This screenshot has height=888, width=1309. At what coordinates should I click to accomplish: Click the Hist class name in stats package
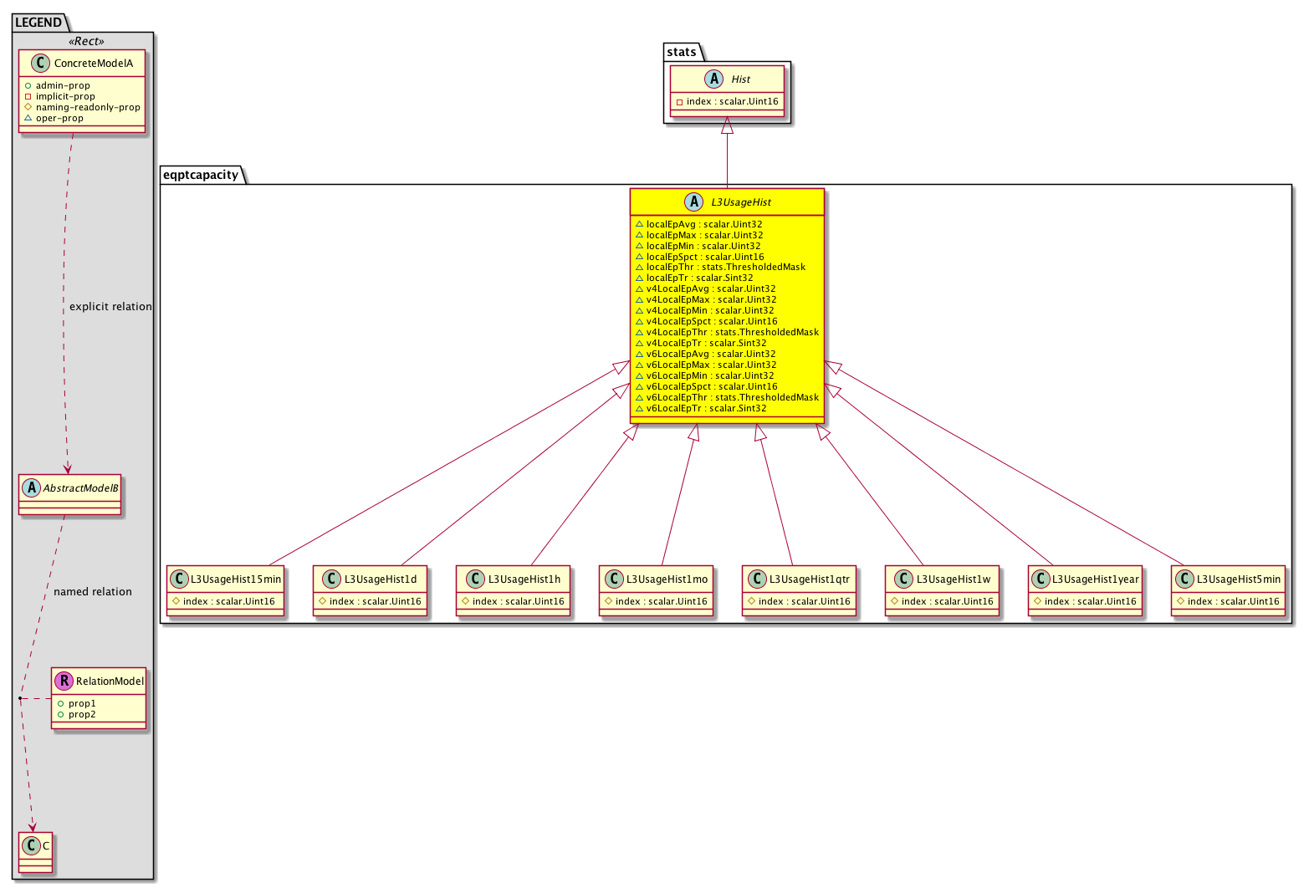[x=740, y=79]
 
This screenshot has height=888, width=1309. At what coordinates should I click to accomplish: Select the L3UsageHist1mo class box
[x=656, y=590]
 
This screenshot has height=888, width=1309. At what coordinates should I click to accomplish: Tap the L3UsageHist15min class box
[x=225, y=590]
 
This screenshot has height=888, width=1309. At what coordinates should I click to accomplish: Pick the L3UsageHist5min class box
[x=1228, y=590]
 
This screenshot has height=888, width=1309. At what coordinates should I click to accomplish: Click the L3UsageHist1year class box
[x=1085, y=590]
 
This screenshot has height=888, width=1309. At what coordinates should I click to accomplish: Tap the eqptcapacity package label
[x=201, y=175]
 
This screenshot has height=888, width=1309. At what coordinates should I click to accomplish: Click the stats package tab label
[x=682, y=52]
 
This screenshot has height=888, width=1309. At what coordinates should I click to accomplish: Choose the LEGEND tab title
[x=38, y=23]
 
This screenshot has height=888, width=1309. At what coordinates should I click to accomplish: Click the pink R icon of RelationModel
[x=64, y=681]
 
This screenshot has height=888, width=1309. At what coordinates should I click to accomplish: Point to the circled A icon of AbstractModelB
[x=32, y=487]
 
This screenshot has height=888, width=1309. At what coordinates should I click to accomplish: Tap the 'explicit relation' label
[x=110, y=307]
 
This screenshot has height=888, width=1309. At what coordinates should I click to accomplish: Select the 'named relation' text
[x=93, y=592]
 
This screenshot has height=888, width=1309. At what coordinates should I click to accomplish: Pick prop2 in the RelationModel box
[x=77, y=714]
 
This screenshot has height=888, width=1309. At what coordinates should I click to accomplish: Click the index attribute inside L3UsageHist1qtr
[x=799, y=601]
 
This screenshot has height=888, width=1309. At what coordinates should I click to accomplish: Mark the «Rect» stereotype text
[x=86, y=41]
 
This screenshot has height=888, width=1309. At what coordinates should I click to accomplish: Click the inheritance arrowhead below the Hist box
[x=727, y=125]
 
